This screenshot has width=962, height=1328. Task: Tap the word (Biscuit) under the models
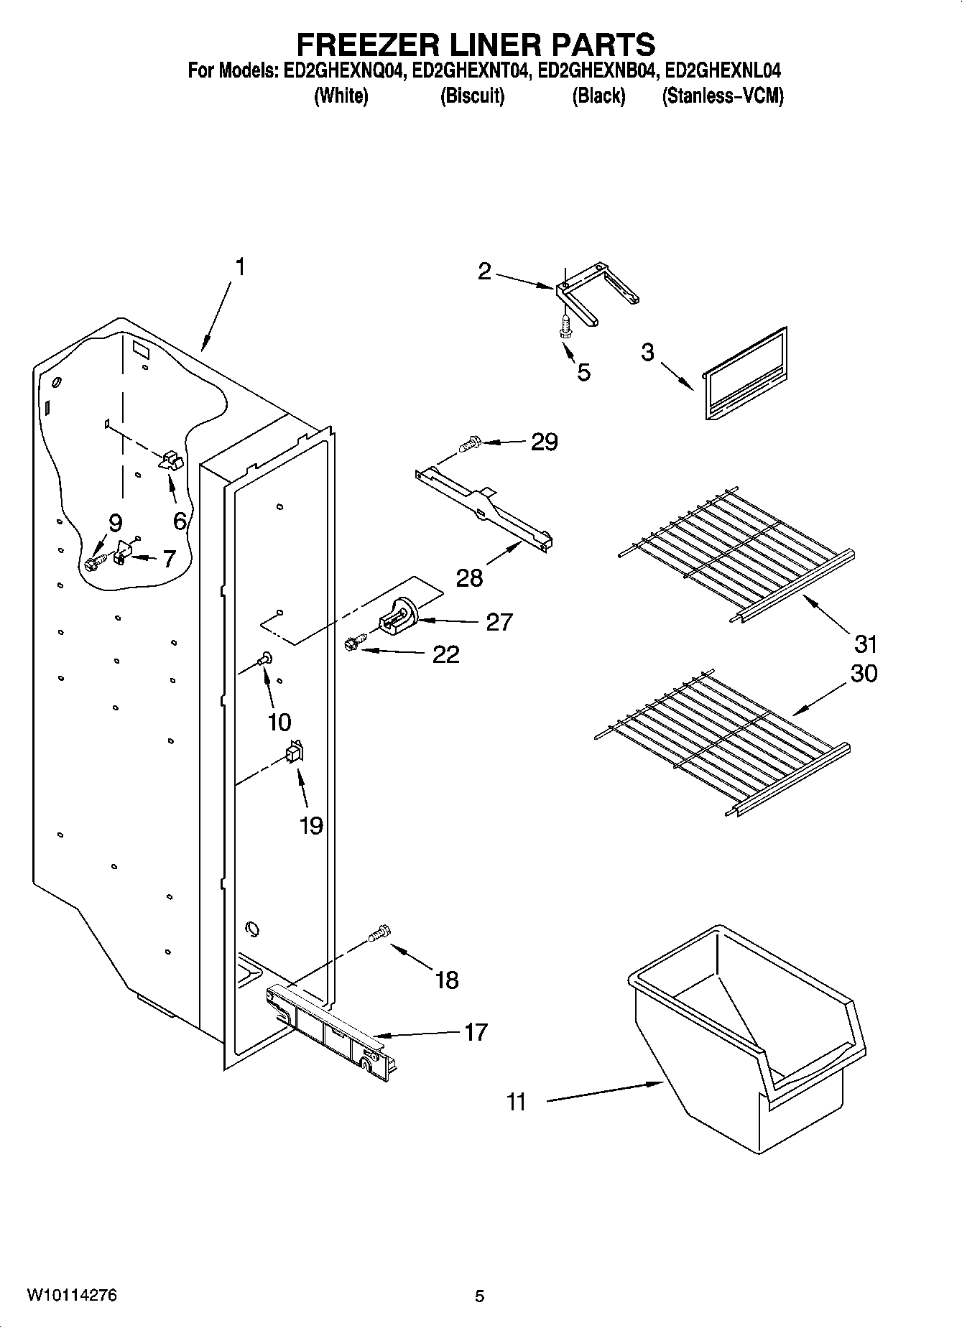[472, 96]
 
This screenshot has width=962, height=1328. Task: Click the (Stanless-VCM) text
[722, 96]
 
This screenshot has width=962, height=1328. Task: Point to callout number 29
[544, 442]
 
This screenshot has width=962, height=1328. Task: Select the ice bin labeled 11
[747, 1034]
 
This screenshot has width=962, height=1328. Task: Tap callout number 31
[866, 643]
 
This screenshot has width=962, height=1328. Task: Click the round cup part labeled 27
[397, 618]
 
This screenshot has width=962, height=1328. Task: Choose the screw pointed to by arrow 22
[353, 643]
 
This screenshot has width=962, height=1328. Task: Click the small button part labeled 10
[265, 656]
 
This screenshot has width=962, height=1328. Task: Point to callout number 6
[180, 521]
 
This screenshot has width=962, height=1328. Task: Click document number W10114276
[72, 1296]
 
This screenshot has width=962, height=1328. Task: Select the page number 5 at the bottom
[479, 1296]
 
